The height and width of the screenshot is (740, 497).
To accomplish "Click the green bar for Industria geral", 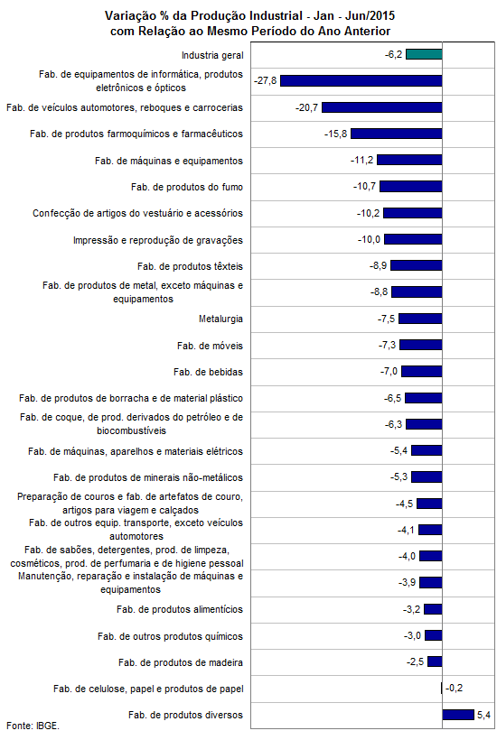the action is pyautogui.click(x=424, y=54).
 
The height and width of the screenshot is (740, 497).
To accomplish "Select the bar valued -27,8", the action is pyautogui.click(x=361, y=80).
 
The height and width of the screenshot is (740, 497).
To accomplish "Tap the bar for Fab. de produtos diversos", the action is pyautogui.click(x=458, y=715).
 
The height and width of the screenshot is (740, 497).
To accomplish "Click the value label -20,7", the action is pyautogui.click(x=306, y=107).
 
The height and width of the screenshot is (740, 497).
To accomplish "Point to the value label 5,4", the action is pyautogui.click(x=483, y=715).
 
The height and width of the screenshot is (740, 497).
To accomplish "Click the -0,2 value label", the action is pyautogui.click(x=454, y=688).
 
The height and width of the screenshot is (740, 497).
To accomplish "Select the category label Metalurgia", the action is pyautogui.click(x=220, y=319).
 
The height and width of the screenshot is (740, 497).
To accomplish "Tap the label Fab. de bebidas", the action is pyautogui.click(x=208, y=372).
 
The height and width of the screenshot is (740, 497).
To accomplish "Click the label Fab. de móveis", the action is pyautogui.click(x=210, y=346).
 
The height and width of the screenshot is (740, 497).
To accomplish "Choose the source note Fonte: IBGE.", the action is pyautogui.click(x=33, y=726).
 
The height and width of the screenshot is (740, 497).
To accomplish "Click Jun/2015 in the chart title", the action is pyautogui.click(x=370, y=16).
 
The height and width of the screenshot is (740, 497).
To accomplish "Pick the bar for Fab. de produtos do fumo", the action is pyautogui.click(x=411, y=187).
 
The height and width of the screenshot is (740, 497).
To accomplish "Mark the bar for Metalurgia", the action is pyautogui.click(x=420, y=319).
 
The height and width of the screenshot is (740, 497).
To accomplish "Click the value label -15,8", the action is pyautogui.click(x=335, y=134).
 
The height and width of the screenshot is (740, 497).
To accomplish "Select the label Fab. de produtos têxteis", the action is pyautogui.click(x=190, y=266).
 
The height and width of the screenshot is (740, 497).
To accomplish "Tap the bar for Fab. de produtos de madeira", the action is pyautogui.click(x=435, y=661).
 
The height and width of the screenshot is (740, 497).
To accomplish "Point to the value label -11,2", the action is pyautogui.click(x=361, y=161).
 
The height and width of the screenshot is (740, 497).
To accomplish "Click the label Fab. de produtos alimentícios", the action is pyautogui.click(x=180, y=610).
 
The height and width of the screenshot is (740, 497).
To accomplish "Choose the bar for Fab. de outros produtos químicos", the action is pyautogui.click(x=433, y=635).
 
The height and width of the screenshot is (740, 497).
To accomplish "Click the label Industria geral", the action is pyautogui.click(x=212, y=55).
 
